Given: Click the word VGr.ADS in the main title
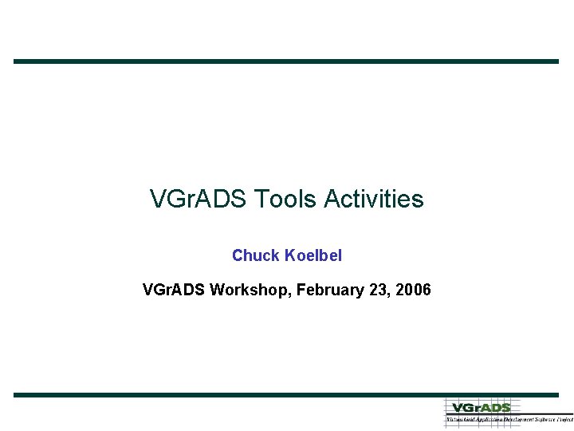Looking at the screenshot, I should click(x=199, y=199).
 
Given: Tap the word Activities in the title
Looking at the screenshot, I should click(x=374, y=199).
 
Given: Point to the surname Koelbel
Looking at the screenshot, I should click(x=313, y=255).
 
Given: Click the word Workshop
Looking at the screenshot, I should click(x=250, y=289).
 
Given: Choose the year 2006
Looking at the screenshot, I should click(x=413, y=289).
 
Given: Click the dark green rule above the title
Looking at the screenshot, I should click(x=286, y=61).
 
